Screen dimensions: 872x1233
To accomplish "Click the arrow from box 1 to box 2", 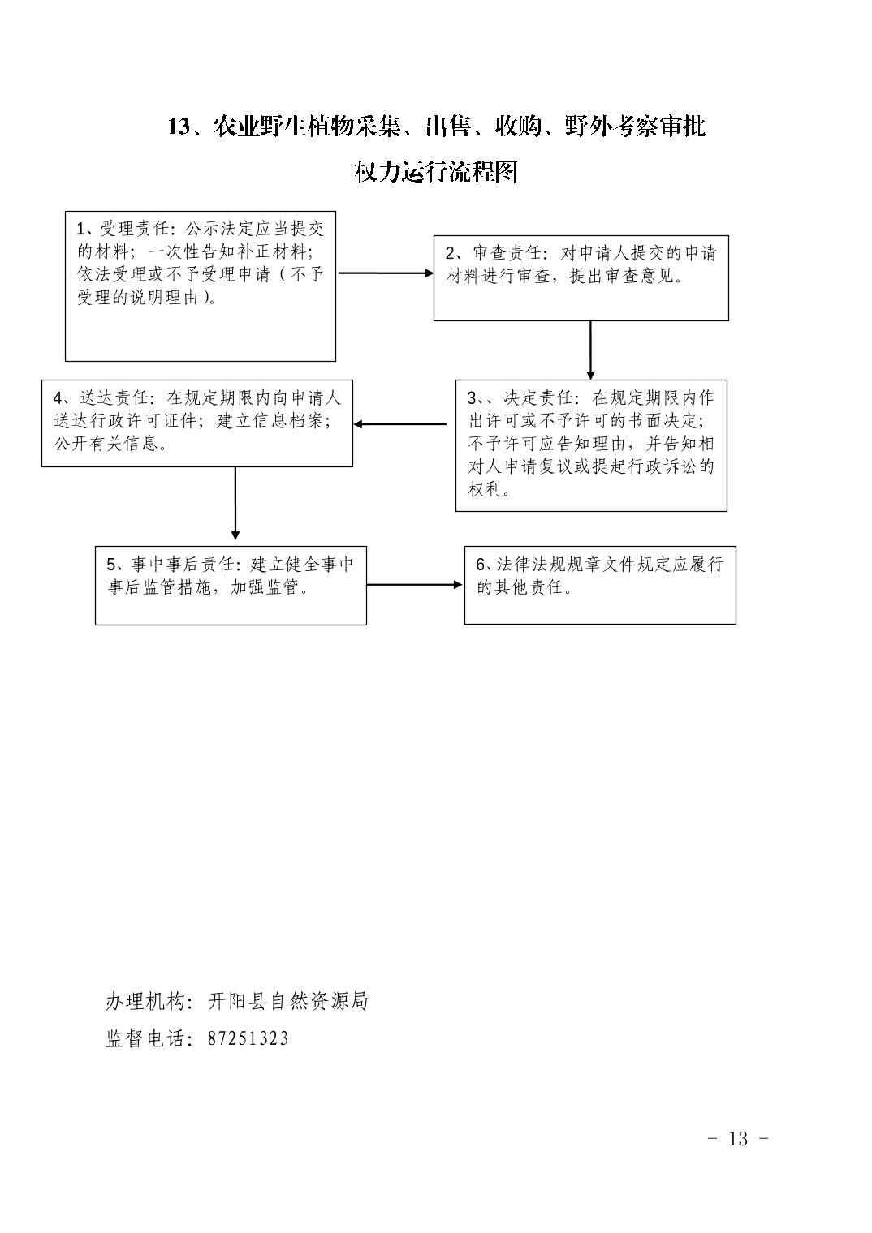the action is pos(386,273).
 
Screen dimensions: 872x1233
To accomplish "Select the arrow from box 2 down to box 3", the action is pos(590,350).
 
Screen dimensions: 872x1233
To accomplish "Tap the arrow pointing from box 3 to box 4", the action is pos(400,424).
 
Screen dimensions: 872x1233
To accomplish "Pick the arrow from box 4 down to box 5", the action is pos(235,503).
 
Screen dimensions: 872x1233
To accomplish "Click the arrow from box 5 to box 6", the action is pos(414,585).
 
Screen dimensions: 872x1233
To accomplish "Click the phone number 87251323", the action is pos(248,1038).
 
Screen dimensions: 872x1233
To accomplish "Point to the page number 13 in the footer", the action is pos(738,1138).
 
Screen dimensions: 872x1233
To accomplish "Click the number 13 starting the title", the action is pos(179,127).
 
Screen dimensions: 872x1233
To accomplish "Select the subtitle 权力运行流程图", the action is pos(436,172).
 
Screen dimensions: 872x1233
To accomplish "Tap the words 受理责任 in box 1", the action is pos(135,229).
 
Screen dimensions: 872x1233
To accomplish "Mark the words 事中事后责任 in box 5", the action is pos(183,565).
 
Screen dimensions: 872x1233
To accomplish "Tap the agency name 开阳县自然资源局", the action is pos(287,1001).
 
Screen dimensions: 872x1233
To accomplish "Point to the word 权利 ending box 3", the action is pos(485,489).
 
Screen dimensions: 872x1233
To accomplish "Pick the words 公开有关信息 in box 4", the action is pos(106,443).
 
